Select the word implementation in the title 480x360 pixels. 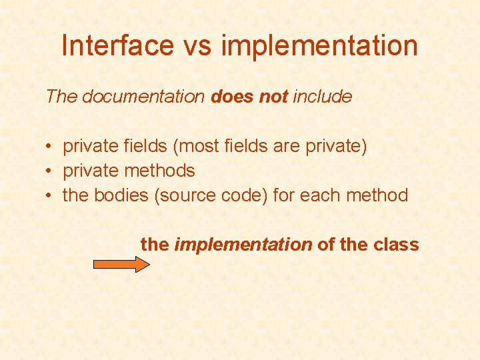pos(319,45)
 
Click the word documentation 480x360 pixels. pos(143,97)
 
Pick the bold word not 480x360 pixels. pos(273,97)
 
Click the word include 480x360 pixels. pos(322,97)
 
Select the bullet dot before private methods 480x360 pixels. pos(50,171)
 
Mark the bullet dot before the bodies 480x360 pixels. pos(50,196)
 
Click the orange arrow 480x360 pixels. pos(121,264)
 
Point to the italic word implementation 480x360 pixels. pos(243,245)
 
